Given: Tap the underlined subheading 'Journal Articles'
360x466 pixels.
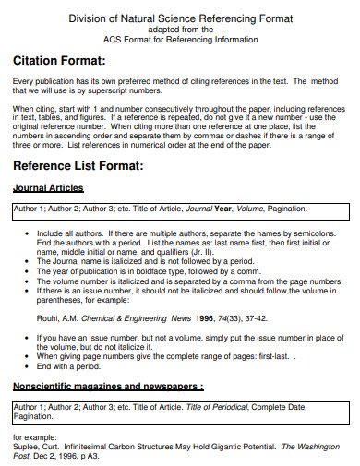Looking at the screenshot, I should (x=48, y=189).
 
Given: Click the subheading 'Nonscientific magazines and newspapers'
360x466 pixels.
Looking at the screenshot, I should (x=106, y=384).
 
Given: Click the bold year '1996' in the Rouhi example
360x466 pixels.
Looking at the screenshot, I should (x=203, y=317).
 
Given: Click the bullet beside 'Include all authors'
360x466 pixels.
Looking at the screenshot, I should (x=18, y=235).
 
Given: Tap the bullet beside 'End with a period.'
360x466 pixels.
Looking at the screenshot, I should (x=18, y=365).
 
